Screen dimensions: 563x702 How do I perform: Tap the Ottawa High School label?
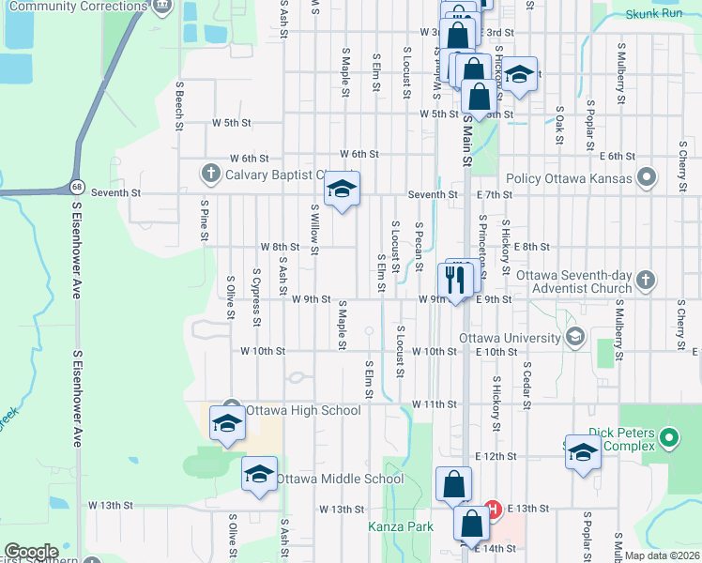click(302, 410)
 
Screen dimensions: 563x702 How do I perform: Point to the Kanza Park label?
click(401, 526)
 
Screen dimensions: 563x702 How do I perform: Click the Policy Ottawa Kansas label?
click(569, 178)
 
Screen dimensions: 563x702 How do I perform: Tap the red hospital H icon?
click(492, 510)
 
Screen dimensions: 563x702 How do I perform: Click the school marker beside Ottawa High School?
click(227, 423)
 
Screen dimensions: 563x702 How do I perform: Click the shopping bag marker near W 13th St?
click(453, 485)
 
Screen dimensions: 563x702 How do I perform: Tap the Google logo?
click(31, 552)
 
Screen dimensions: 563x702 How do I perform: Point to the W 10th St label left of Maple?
click(262, 351)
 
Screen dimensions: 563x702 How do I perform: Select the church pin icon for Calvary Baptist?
click(210, 174)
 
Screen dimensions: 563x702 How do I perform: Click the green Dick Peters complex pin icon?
click(668, 437)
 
